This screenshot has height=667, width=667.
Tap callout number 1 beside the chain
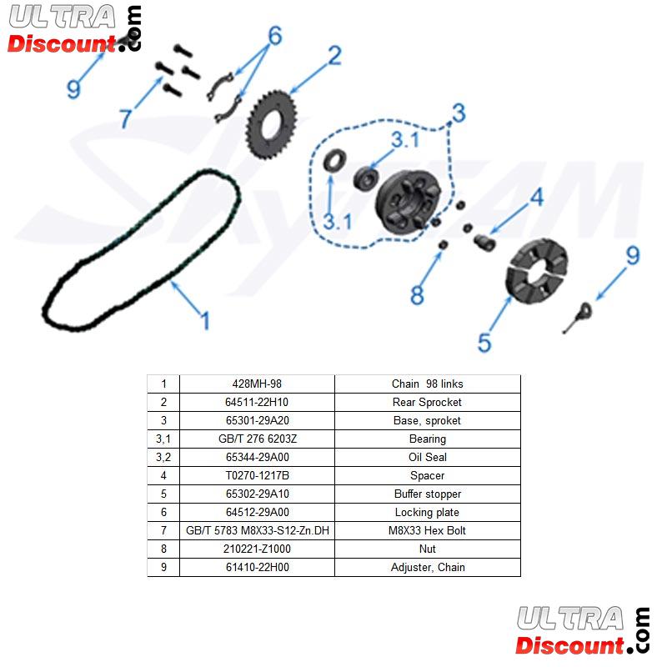pyautogui.click(x=203, y=320)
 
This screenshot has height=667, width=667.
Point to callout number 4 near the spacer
pyautogui.click(x=536, y=197)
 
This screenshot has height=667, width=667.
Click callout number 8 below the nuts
pyautogui.click(x=417, y=294)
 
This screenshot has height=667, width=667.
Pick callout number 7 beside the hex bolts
pyautogui.click(x=125, y=118)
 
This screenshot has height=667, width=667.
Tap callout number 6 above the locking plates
pyautogui.click(x=274, y=36)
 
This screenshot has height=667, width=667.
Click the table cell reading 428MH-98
pyautogui.click(x=257, y=384)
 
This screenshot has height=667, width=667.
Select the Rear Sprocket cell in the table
pyautogui.click(x=427, y=403)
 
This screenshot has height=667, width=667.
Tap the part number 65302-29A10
pyautogui.click(x=257, y=494)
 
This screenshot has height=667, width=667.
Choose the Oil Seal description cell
pyautogui.click(x=427, y=458)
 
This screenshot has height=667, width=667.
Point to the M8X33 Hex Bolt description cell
pyautogui.click(x=427, y=531)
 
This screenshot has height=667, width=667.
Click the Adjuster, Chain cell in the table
pyautogui.click(x=427, y=568)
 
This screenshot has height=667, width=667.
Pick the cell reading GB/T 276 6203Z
pyautogui.click(x=257, y=439)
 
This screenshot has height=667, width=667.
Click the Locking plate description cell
pyautogui.click(x=427, y=513)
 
